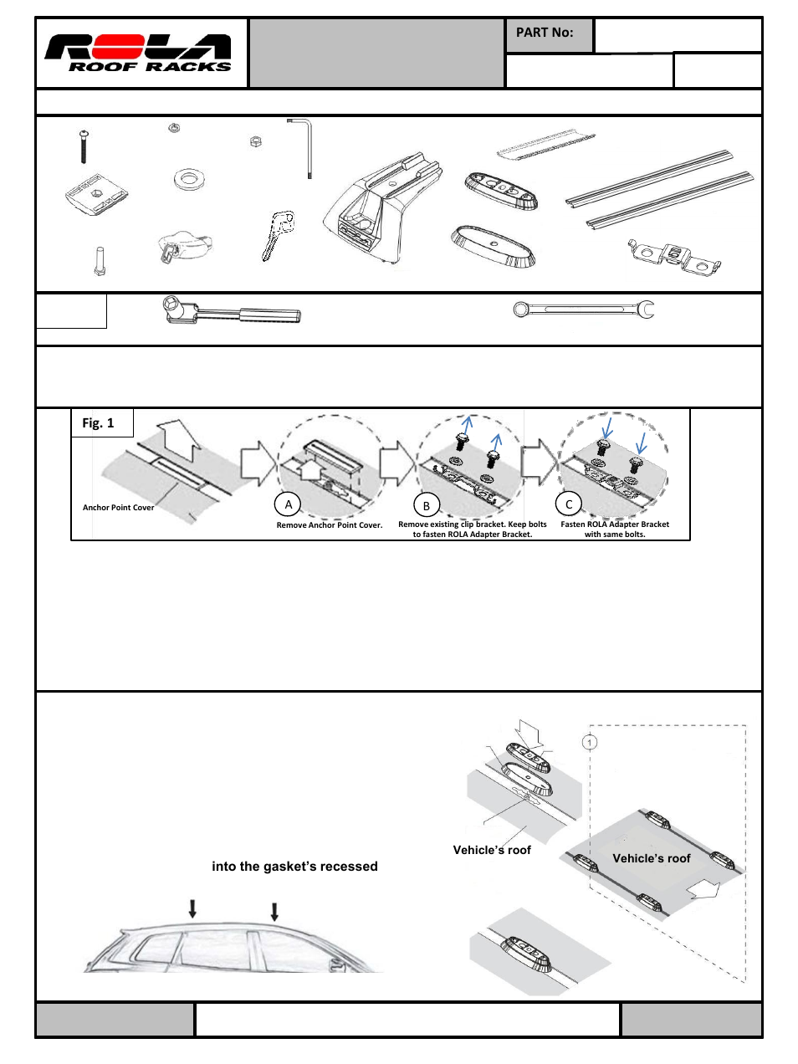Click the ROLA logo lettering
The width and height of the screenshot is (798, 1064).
[x=138, y=47]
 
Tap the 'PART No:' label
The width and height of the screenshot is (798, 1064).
[x=545, y=33]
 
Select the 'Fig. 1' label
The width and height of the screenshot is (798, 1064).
[x=98, y=423]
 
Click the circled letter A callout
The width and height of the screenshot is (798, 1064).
[x=289, y=504]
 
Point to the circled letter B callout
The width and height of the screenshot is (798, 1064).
[x=427, y=505]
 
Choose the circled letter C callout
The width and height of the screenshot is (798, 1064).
[x=569, y=504]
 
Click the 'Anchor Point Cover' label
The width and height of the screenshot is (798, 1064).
[x=118, y=508]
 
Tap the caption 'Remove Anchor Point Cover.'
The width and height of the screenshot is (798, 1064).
[x=329, y=525]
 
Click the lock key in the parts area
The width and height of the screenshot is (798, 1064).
[x=277, y=235]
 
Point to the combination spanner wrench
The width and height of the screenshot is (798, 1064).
[x=583, y=310]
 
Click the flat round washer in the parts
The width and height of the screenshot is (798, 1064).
[x=189, y=179]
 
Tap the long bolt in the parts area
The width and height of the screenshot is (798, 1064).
[x=84, y=147]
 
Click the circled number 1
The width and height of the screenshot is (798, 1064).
[x=590, y=742]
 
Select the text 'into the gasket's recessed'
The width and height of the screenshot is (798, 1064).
[x=294, y=867]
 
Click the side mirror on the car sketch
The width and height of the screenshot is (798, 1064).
[x=337, y=964]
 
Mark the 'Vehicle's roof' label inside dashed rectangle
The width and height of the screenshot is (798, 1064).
[x=651, y=858]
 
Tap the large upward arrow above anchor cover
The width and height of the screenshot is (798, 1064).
[x=179, y=440]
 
